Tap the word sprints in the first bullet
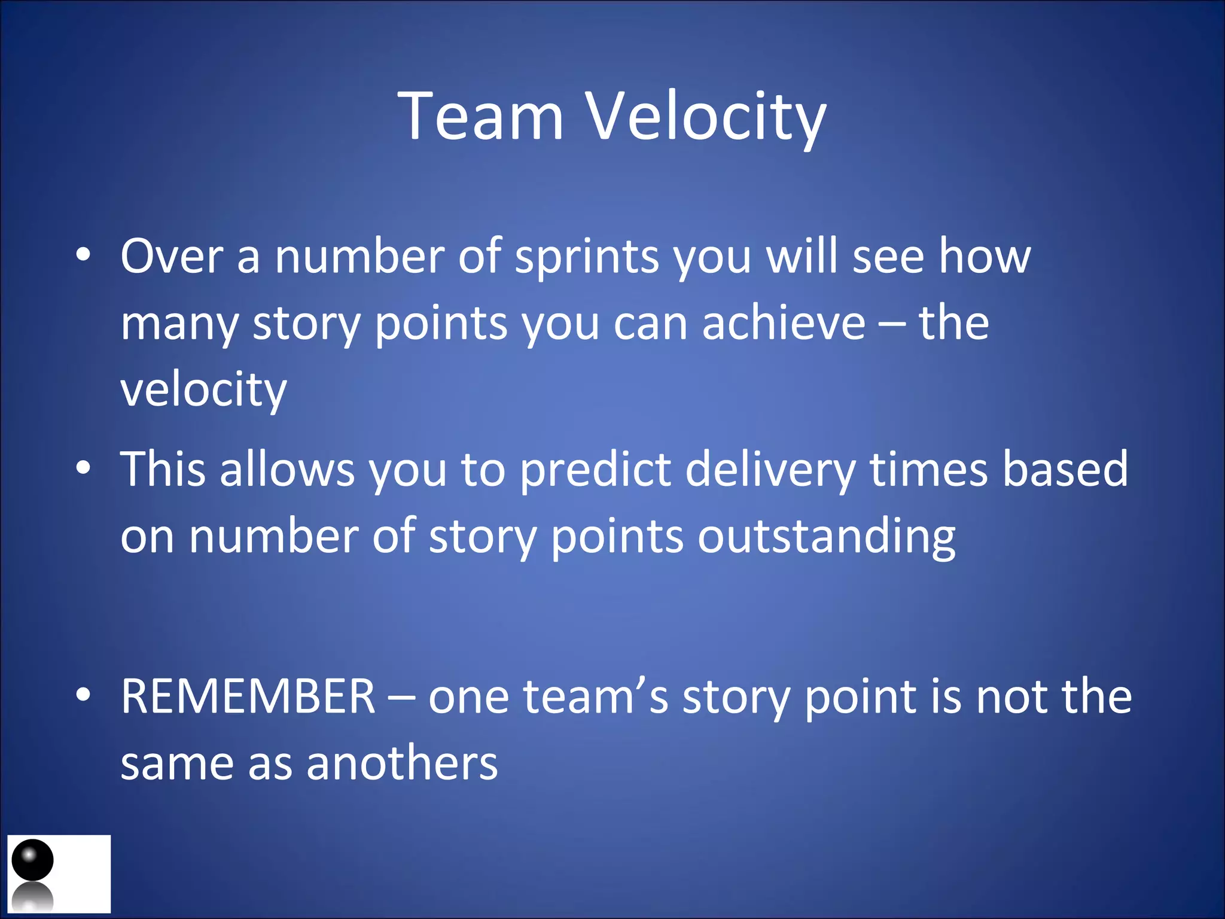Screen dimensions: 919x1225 (x=586, y=257)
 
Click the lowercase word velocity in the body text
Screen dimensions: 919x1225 (x=203, y=390)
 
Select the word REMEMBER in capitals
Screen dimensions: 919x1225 (x=248, y=697)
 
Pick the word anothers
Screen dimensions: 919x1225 (x=402, y=764)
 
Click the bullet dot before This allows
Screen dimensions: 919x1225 (x=84, y=468)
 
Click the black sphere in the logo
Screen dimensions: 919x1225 (x=33, y=860)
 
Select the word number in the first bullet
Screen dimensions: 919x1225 (x=359, y=257)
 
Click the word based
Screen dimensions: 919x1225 (x=1065, y=470)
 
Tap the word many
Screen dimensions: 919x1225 (x=179, y=324)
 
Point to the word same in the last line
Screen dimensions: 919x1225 (x=177, y=765)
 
